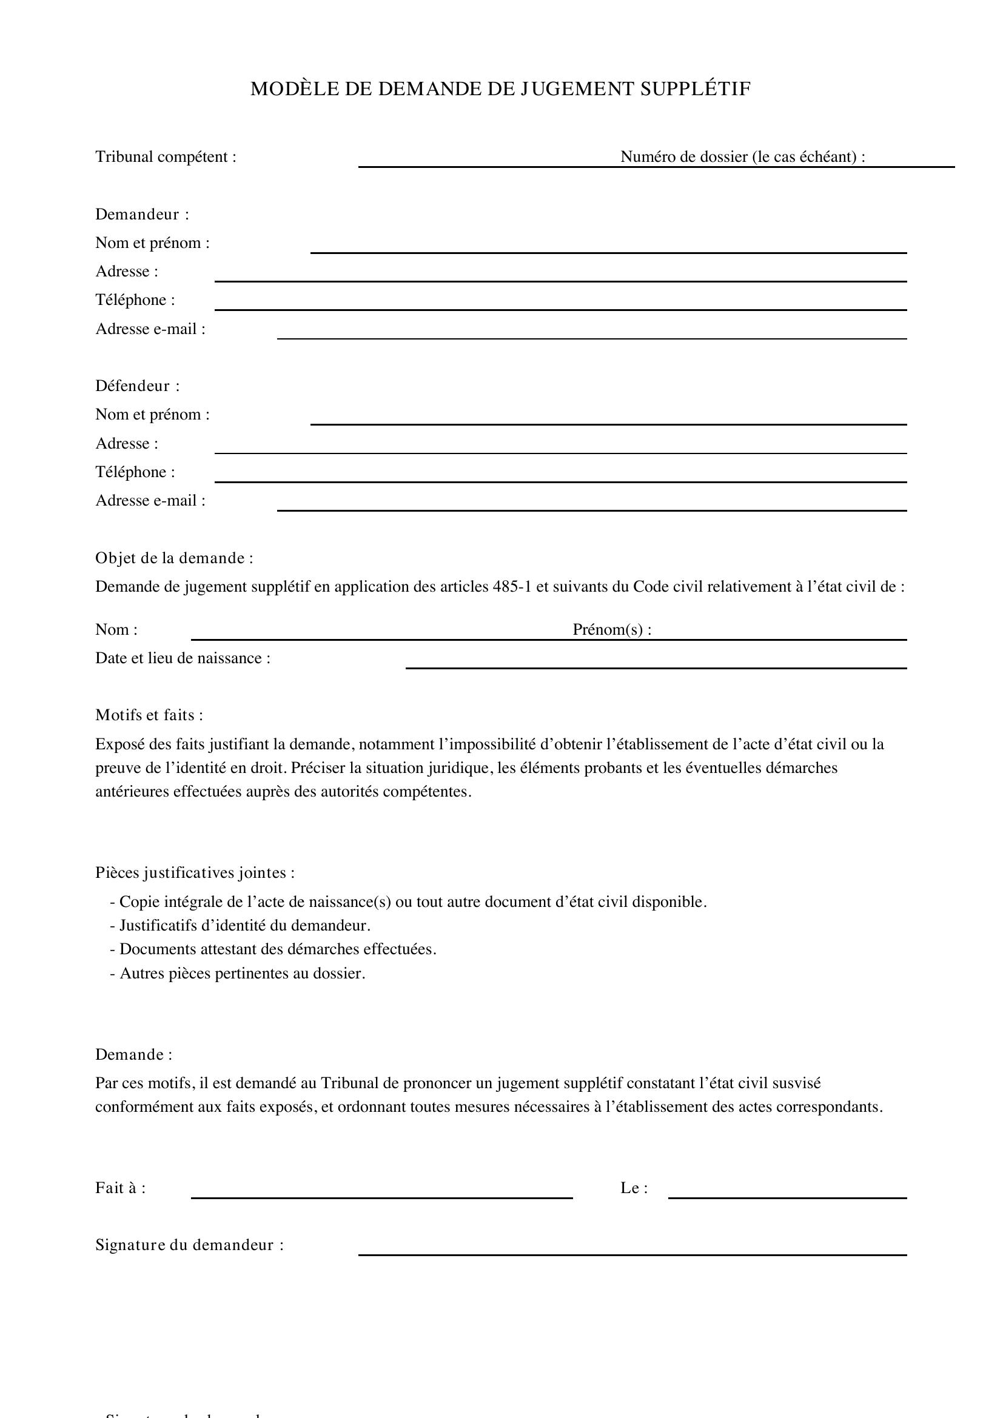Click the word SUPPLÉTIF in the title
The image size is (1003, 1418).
coord(695,90)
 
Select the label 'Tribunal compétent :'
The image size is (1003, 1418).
coord(166,157)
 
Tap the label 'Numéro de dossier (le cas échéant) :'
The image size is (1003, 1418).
coord(742,157)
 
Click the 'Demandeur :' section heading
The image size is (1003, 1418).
coord(142,214)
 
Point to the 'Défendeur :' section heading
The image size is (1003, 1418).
coord(137,386)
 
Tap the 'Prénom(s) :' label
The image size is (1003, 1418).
coord(611,629)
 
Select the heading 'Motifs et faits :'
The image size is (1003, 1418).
coord(149,715)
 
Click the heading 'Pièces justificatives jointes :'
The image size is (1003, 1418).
coord(195,872)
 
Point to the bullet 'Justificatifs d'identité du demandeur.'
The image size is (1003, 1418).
coord(244,925)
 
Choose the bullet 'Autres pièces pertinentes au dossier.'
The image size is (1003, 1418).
coord(242,974)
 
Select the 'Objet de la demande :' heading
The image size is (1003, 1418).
coord(174,558)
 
